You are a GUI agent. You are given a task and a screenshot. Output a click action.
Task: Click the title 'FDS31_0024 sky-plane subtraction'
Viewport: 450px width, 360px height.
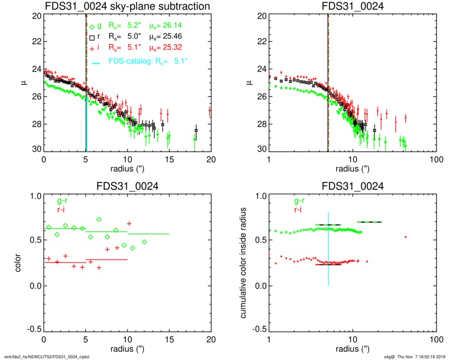pos(128,6)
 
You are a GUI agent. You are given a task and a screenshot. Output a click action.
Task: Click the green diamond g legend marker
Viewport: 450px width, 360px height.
pos(92,27)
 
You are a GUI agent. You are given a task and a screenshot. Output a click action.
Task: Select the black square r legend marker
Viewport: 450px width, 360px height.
pos(92,38)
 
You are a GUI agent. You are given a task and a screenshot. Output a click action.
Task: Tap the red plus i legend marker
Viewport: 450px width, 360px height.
pos(92,48)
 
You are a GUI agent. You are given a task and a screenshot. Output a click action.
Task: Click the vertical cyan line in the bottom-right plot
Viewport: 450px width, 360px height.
pos(328,244)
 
